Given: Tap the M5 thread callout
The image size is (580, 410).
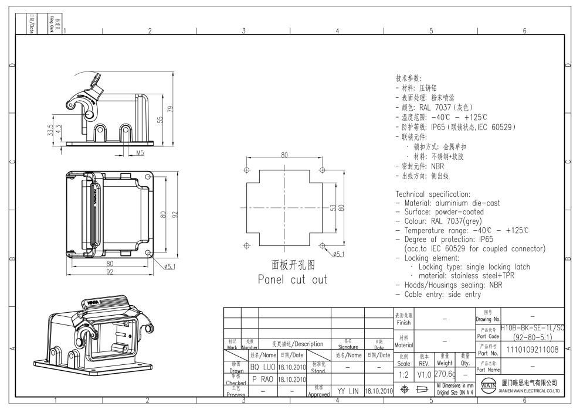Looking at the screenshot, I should [140, 153].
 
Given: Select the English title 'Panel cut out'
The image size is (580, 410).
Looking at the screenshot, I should [292, 279].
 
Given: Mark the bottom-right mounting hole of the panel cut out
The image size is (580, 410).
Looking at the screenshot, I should [322, 245].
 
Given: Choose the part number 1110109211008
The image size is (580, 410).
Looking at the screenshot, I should [532, 350].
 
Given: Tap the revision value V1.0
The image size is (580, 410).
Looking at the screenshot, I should [424, 373].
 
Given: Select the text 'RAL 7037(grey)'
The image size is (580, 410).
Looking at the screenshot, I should [457, 221].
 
